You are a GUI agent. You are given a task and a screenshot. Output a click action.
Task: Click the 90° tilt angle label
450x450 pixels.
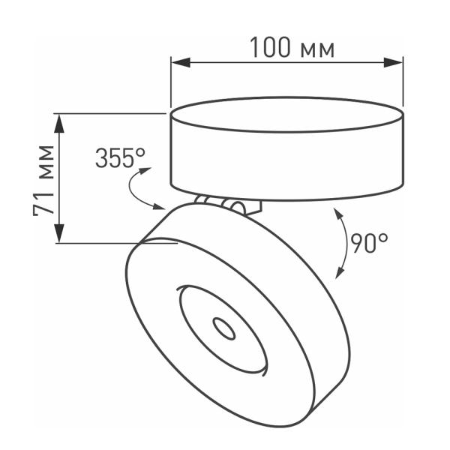[x=369, y=241]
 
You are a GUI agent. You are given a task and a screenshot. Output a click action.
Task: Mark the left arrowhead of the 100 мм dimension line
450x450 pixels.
[x=178, y=63]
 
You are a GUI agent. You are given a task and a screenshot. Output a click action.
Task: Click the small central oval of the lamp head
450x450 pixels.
[x=223, y=327]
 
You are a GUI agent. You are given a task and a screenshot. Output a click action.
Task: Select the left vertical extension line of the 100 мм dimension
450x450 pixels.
[x=172, y=82]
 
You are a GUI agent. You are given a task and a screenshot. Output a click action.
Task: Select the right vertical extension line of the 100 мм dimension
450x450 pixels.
[x=403, y=82]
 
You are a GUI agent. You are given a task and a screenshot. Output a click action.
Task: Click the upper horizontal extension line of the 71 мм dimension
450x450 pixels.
[x=112, y=114]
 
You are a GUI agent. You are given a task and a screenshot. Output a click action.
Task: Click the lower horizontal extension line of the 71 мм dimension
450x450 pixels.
[x=112, y=243]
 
